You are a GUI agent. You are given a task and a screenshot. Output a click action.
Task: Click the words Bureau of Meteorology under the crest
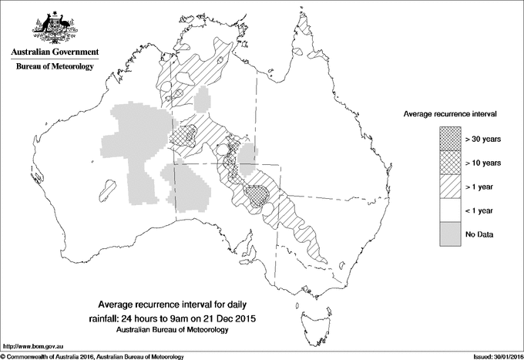pos(54,67)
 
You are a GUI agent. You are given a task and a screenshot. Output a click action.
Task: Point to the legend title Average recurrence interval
pos(450,113)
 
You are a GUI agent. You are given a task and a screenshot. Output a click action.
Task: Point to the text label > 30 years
pos(483,139)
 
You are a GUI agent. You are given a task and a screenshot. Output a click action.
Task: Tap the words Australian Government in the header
pos(54,52)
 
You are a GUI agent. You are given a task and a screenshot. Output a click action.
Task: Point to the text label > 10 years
pos(483,163)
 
